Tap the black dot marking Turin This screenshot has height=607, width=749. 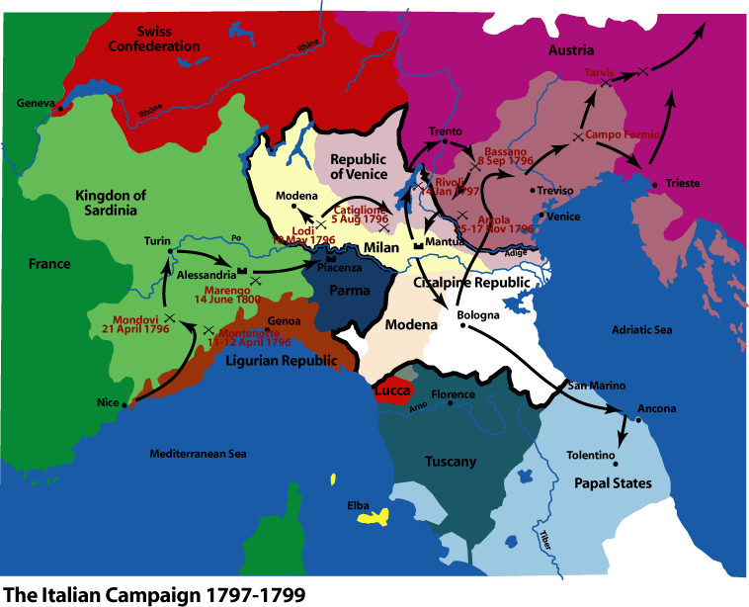pyautogui.click(x=170, y=251)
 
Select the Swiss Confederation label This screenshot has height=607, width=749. pyautogui.click(x=154, y=39)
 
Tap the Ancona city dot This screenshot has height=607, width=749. pyautogui.click(x=637, y=419)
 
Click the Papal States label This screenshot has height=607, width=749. pyautogui.click(x=613, y=483)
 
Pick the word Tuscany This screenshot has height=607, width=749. pyautogui.click(x=450, y=462)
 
